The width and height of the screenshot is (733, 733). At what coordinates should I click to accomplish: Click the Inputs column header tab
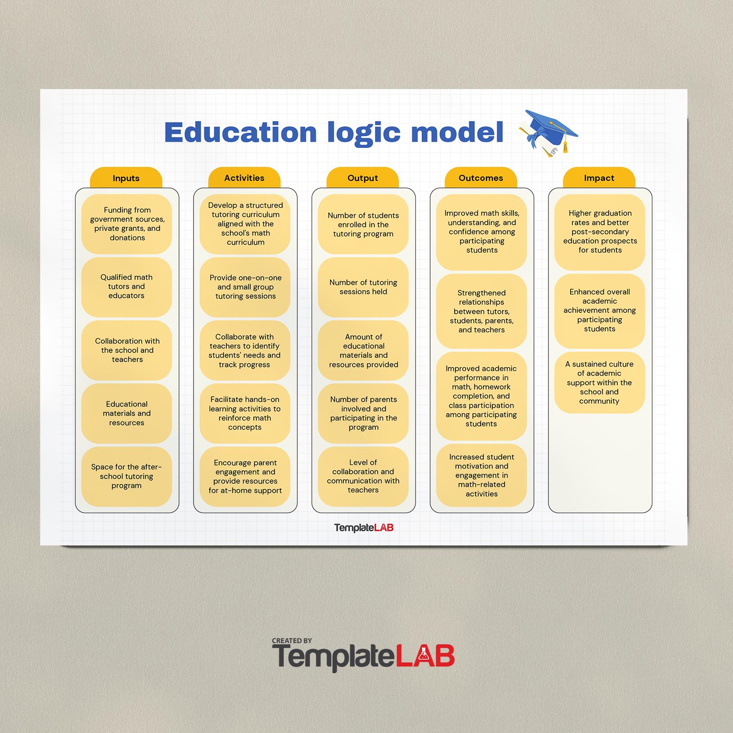tap(126, 178)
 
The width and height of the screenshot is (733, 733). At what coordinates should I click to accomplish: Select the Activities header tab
tap(244, 178)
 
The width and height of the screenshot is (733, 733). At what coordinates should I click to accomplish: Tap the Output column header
tap(363, 178)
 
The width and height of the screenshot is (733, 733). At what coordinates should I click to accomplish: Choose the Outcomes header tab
tap(481, 178)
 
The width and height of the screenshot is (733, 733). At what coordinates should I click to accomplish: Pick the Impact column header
tap(599, 178)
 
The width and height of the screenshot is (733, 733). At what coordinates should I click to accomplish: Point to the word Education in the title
tap(241, 132)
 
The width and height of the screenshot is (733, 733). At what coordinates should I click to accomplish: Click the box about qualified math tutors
tap(126, 287)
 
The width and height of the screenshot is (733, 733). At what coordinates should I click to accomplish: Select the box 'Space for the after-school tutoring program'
tap(126, 476)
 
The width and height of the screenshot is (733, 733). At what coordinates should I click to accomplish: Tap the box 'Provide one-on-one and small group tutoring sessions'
tap(245, 287)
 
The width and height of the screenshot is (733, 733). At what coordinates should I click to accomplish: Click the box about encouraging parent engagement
tap(245, 476)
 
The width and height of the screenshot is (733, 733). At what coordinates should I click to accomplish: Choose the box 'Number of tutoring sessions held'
tap(363, 287)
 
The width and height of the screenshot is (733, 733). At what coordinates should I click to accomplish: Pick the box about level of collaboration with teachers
tap(363, 476)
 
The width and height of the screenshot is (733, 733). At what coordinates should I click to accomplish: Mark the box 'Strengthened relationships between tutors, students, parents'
tap(481, 311)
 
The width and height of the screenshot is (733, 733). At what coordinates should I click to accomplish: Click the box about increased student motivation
tap(481, 475)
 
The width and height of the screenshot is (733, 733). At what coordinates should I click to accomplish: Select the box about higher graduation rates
tap(600, 232)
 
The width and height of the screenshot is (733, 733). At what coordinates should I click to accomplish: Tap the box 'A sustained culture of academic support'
tap(600, 383)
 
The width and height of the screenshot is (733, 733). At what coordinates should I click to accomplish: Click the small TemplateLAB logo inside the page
tap(364, 527)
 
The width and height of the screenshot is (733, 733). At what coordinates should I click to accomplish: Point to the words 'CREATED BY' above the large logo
tap(292, 641)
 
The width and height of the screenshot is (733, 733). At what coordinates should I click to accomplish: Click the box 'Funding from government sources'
tap(126, 224)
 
